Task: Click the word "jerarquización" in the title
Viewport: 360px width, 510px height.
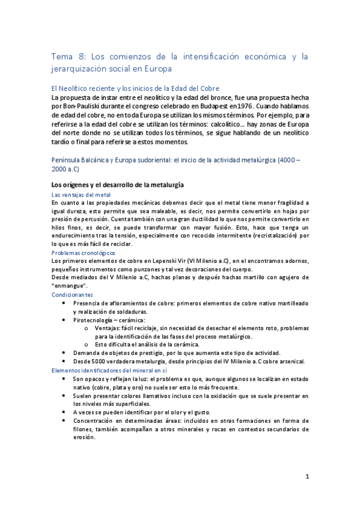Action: pos(82,70)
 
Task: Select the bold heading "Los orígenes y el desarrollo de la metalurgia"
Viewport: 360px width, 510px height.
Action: pos(118,184)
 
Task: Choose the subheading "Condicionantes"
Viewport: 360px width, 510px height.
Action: pos(72,295)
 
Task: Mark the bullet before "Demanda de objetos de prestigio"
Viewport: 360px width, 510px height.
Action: pos(64,352)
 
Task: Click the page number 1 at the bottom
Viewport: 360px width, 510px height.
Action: pos(307,477)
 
